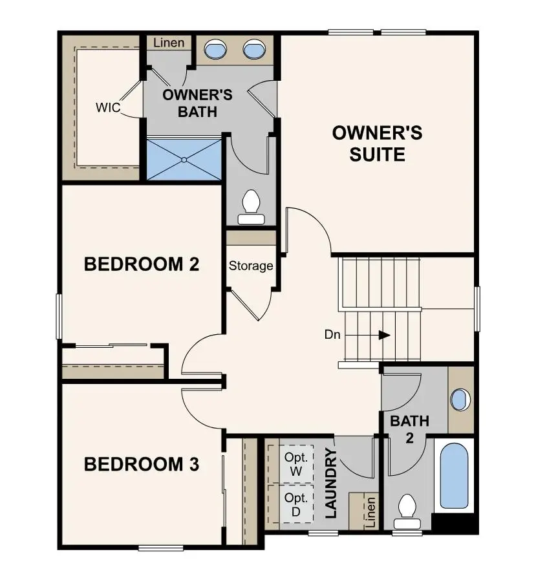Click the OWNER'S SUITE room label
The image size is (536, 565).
tap(377, 144)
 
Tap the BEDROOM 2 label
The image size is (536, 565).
tap(142, 264)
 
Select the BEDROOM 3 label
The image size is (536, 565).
tap(142, 464)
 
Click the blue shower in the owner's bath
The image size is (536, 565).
tap(184, 158)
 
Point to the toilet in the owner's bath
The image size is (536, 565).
tap(250, 207)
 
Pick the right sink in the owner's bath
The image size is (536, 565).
tap(253, 49)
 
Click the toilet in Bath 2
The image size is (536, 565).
tap(407, 507)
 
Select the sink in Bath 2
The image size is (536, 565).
tap(460, 400)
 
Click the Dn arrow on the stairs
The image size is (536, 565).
tap(384, 335)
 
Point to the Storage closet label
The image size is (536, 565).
tap(251, 266)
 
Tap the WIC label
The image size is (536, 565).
tap(108, 107)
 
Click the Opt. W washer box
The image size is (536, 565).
tap(296, 464)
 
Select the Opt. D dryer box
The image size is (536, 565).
tap(296, 504)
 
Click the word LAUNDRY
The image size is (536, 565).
tap(331, 484)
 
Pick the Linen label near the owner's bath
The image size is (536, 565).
tap(169, 43)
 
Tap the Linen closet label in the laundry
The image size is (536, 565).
tap(370, 513)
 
